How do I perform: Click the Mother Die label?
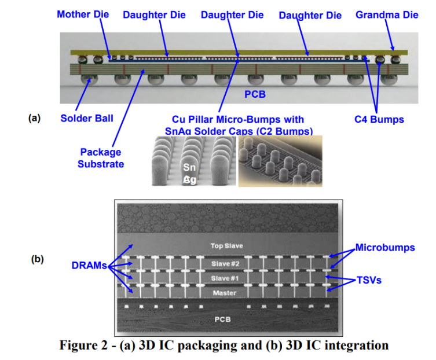coord(83,14)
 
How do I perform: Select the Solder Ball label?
coord(87,119)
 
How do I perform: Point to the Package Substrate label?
coord(101,158)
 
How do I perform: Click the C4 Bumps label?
coord(379,119)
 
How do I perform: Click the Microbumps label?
coord(385,247)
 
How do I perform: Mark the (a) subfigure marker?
coord(35,117)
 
